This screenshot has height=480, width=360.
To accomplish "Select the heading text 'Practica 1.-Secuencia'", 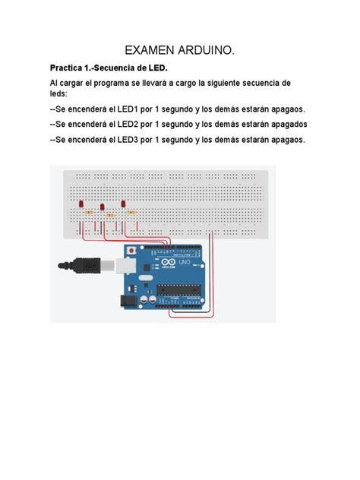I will pos(102,68).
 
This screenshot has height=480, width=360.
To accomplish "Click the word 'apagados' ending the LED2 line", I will pos(284,124).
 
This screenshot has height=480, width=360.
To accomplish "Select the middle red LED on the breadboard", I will pos(102,206).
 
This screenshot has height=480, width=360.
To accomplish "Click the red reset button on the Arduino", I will pos(133,248).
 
